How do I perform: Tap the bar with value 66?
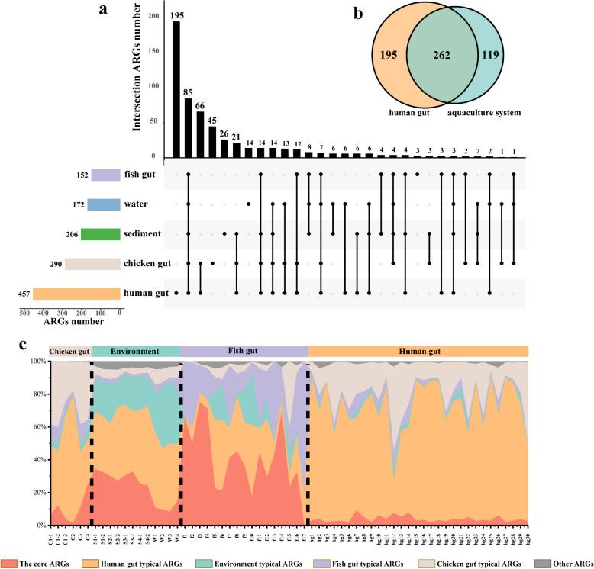[x=201, y=134]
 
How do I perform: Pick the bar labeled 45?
[x=212, y=142]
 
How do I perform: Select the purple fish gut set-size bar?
[x=105, y=175]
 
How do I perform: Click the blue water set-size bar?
[x=103, y=204]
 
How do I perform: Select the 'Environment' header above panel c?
[x=135, y=352]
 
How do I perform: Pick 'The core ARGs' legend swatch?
[x=12, y=562]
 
